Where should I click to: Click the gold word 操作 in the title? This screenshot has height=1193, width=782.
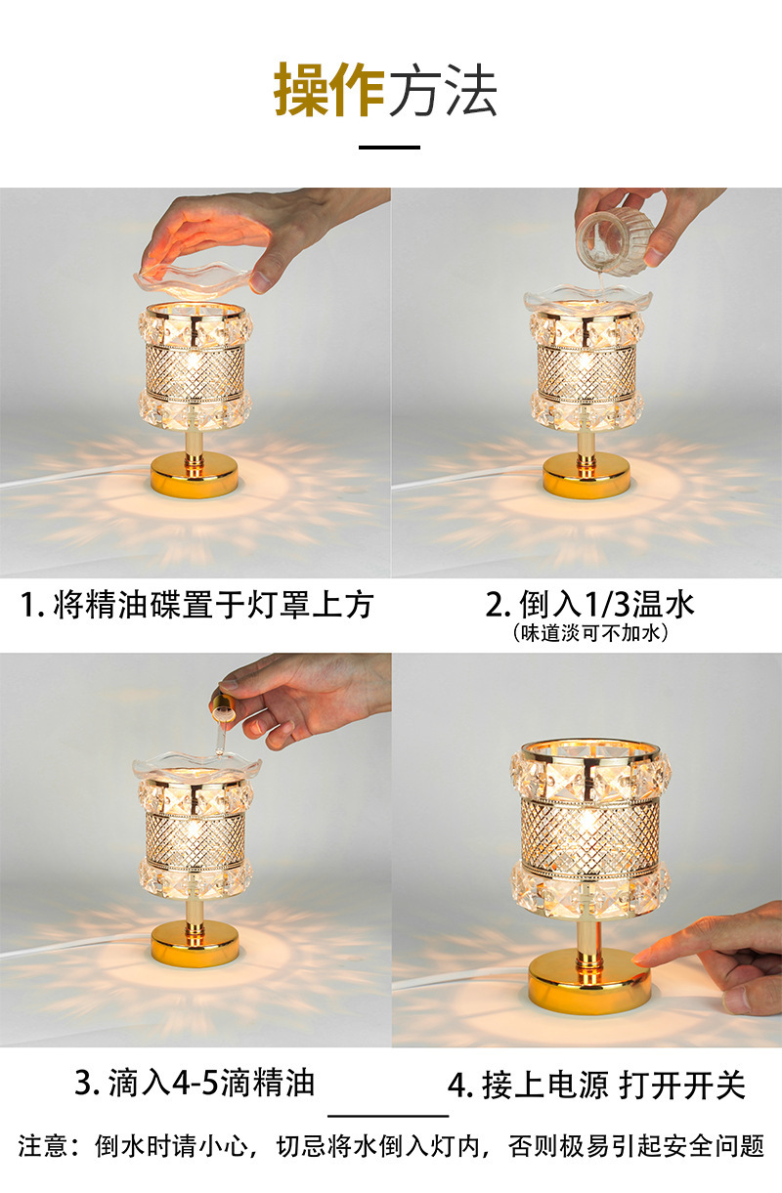pyautogui.click(x=328, y=90)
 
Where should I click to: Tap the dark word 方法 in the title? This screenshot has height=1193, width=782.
pyautogui.click(x=443, y=90)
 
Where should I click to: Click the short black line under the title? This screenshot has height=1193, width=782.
pyautogui.click(x=389, y=147)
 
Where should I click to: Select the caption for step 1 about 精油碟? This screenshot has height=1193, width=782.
pyautogui.click(x=196, y=605)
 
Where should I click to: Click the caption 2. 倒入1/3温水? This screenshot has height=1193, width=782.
pyautogui.click(x=590, y=604)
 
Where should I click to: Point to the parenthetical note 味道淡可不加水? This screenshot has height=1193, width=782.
pyautogui.click(x=590, y=633)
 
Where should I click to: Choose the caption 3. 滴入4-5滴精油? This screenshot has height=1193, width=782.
pyautogui.click(x=195, y=1083)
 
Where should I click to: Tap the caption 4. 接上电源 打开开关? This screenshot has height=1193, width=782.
pyautogui.click(x=596, y=1085)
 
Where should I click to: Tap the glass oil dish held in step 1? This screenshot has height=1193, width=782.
pyautogui.click(x=192, y=278)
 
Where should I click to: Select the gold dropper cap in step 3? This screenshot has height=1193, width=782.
pyautogui.click(x=223, y=702)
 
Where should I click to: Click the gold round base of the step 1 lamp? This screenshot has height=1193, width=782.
pyautogui.click(x=195, y=475)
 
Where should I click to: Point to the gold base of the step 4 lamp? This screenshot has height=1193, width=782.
pyautogui.click(x=589, y=980)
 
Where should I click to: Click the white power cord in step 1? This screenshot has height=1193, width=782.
pyautogui.click(x=75, y=475)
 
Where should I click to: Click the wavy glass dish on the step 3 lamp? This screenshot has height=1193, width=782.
pyautogui.click(x=197, y=766)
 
